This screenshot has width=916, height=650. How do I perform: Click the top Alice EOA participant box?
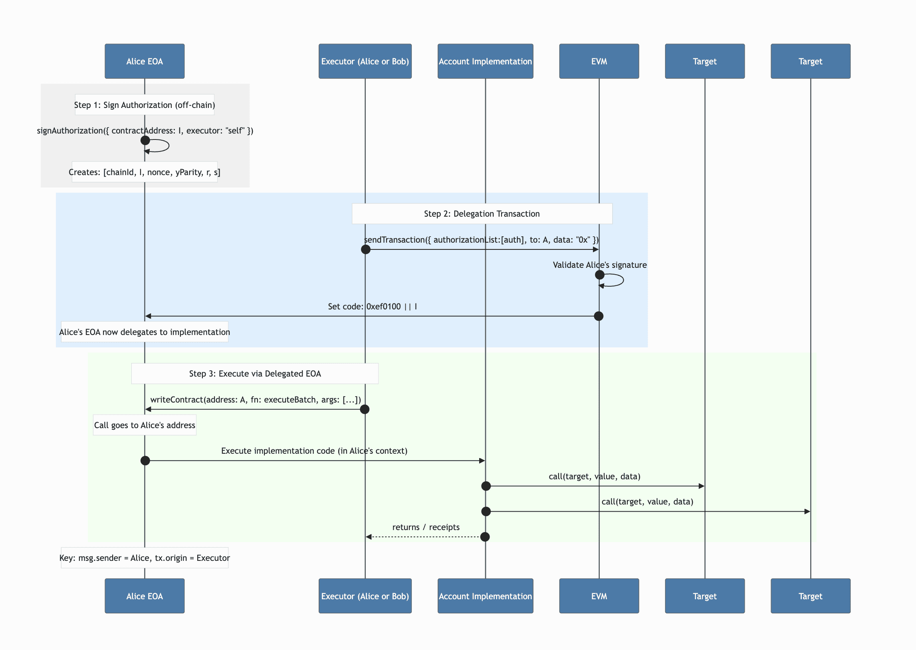[x=144, y=61]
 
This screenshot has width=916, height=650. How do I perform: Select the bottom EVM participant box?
[x=599, y=596]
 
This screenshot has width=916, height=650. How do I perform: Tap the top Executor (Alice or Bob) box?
[x=365, y=61]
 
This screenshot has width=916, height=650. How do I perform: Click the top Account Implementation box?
[x=485, y=61]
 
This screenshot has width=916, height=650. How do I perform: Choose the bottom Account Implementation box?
[x=485, y=596]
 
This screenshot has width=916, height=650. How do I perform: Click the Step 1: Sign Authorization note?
[x=144, y=105]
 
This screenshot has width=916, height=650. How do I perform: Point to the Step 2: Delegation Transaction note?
[x=482, y=214]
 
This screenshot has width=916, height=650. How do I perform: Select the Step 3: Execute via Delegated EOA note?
[x=255, y=373]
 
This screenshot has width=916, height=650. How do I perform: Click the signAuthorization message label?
[x=145, y=130]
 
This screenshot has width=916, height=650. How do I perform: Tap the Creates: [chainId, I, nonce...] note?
[x=144, y=172]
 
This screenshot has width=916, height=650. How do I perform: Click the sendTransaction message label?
[x=481, y=240]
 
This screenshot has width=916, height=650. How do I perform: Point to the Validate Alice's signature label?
[x=599, y=265]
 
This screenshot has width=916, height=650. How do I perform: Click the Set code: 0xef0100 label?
[x=372, y=307]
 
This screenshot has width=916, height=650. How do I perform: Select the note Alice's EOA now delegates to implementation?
[x=144, y=332]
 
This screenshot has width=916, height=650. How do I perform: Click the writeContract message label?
[x=256, y=399]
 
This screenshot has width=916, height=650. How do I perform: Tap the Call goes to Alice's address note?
[x=144, y=425]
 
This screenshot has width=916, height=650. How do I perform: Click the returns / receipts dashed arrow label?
[x=425, y=527]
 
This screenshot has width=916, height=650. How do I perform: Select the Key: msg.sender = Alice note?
[x=144, y=558]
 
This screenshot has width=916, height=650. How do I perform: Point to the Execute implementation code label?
[x=314, y=451]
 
